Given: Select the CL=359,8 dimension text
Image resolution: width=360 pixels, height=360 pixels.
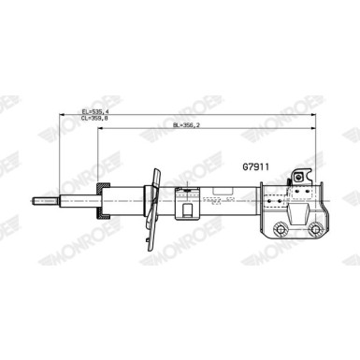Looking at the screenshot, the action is click(x=94, y=118).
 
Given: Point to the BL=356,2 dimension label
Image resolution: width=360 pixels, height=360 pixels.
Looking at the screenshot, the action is click(x=186, y=125).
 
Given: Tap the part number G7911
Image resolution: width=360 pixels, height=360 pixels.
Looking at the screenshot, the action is click(x=255, y=167).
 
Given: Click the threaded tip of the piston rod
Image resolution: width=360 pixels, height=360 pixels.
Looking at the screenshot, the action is click(x=46, y=201).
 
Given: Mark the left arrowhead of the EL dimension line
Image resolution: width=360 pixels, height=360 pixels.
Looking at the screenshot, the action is click(x=62, y=115).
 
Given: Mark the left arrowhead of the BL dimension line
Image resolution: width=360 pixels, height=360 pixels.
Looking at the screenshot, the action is click(x=100, y=128).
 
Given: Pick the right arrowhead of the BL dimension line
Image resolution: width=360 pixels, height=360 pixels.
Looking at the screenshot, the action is click(x=313, y=128).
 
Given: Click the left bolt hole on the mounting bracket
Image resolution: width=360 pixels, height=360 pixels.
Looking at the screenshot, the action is click(x=280, y=229).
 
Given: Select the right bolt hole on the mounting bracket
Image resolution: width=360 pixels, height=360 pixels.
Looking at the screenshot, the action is click(x=314, y=229).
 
